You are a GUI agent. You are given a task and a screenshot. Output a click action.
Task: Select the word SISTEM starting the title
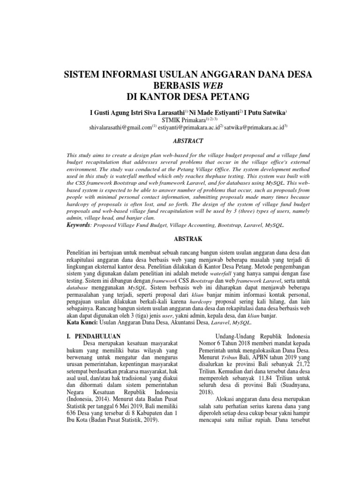(x=85, y=75)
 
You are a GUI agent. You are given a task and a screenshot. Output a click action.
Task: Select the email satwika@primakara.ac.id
(x=254, y=127)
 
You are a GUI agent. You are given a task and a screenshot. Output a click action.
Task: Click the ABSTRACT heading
(x=180, y=141)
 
